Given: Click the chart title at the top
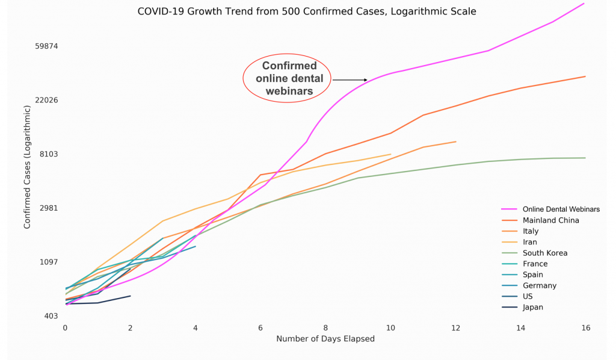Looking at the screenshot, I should pyautogui.click(x=307, y=11).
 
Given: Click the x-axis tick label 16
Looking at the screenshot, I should pyautogui.click(x=585, y=328).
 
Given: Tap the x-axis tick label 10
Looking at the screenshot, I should pyautogui.click(x=390, y=328).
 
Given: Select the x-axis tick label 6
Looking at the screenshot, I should pyautogui.click(x=260, y=328).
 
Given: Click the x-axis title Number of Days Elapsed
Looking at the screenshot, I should pyautogui.click(x=325, y=339).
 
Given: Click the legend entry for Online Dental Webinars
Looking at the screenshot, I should pyautogui.click(x=561, y=209).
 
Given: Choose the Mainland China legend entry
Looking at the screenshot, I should pyautogui.click(x=550, y=220).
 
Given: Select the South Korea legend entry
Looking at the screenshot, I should pyautogui.click(x=545, y=253).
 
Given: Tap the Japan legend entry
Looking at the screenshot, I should pyautogui.click(x=533, y=307).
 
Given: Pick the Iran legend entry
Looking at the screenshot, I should pyautogui.click(x=531, y=242).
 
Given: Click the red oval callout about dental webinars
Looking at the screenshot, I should pyautogui.click(x=287, y=78).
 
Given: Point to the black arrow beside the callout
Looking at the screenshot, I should pyautogui.click(x=350, y=79).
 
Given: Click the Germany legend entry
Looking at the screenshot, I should pyautogui.click(x=540, y=285).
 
